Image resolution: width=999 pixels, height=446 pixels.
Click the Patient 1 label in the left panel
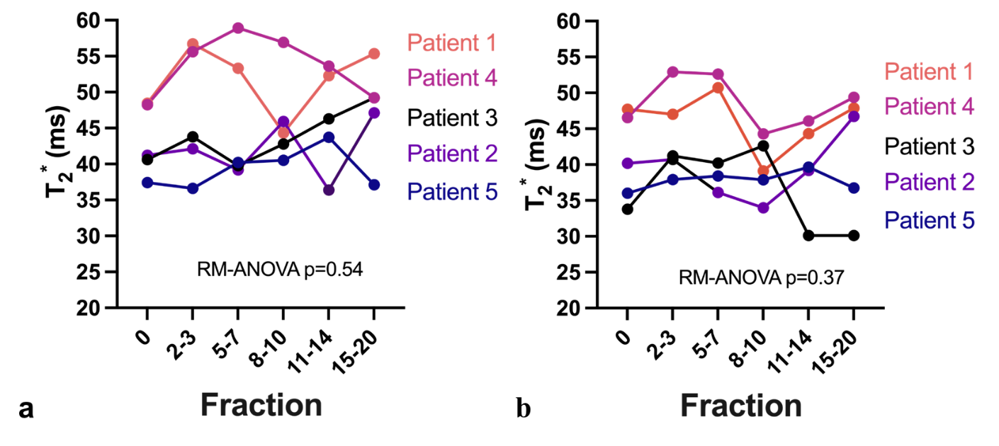(x=451, y=44)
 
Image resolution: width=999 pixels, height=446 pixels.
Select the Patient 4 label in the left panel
(x=452, y=78)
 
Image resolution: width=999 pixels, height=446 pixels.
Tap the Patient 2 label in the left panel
(x=452, y=154)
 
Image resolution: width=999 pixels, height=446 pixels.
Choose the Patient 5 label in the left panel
(x=452, y=191)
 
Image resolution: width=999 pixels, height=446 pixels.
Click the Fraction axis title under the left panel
(x=261, y=406)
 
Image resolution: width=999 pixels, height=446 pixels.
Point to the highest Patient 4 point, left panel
(x=238, y=28)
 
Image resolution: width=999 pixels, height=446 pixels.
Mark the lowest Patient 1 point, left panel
(x=283, y=132)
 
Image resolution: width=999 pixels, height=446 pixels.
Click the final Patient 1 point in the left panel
(x=374, y=54)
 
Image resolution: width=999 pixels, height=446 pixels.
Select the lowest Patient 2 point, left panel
(x=329, y=190)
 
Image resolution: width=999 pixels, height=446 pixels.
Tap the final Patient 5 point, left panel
(x=374, y=185)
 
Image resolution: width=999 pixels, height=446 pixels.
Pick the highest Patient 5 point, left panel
(x=329, y=137)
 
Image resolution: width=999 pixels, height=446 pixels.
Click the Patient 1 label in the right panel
(x=929, y=72)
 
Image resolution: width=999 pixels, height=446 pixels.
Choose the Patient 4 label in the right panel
(x=930, y=107)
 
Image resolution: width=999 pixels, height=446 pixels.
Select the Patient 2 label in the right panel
(x=930, y=182)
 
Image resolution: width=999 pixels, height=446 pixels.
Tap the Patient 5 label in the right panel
(x=930, y=220)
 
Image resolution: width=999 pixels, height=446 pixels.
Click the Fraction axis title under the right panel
(x=741, y=406)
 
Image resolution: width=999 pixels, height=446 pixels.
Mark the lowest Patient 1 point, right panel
(x=763, y=170)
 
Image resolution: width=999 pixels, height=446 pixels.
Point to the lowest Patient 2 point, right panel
(x=763, y=208)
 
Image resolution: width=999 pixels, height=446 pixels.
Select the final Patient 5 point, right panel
(x=854, y=188)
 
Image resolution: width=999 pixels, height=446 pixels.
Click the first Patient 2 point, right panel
(x=627, y=164)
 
